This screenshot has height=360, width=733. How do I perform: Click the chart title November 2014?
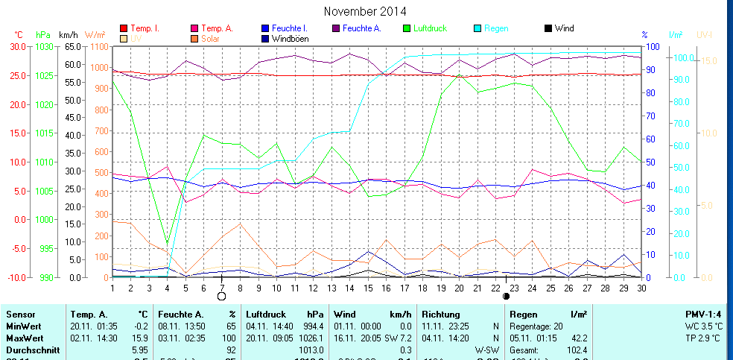coord(366,11)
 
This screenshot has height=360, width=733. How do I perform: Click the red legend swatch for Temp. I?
coord(124,28)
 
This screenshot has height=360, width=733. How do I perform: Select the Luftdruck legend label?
coord(429,28)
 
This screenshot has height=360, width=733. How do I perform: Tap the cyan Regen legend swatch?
coord(478,28)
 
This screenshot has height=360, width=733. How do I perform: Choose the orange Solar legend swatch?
coord(194,38)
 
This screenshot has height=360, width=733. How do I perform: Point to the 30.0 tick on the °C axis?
coord(16,46)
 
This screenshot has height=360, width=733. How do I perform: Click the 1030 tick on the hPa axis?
coord(44,46)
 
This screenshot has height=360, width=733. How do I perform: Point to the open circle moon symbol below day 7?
coord(221,296)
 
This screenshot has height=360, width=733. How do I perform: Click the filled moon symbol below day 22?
coord(507,296)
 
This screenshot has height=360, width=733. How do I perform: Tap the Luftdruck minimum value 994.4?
coord(315,326)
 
